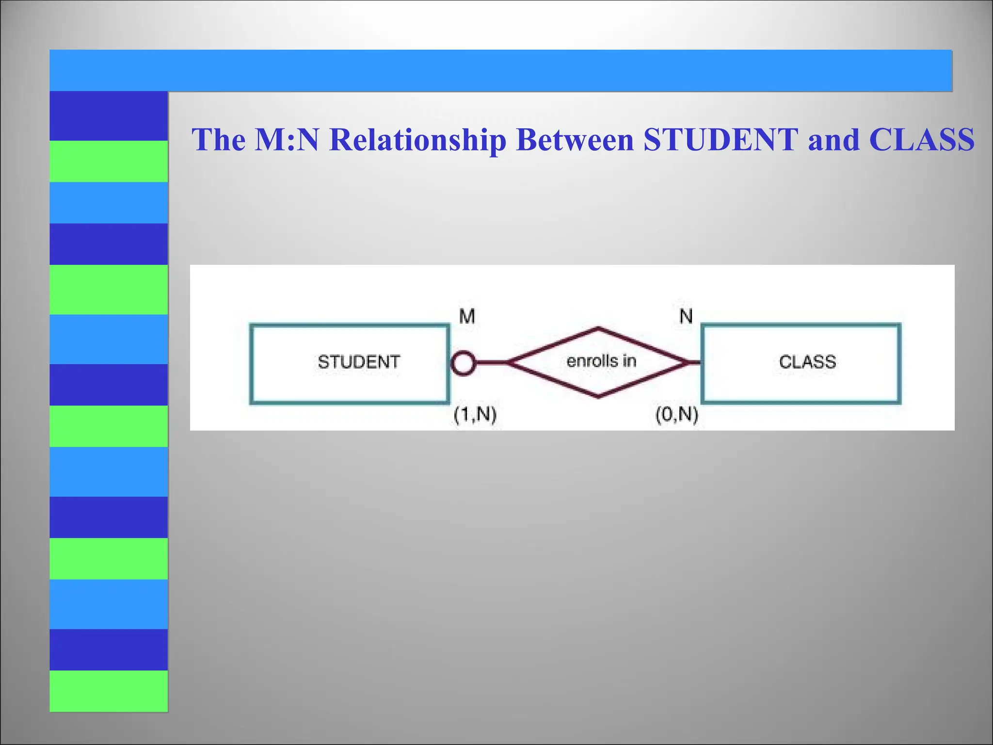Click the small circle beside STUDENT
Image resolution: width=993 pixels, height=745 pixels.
pyautogui.click(x=463, y=363)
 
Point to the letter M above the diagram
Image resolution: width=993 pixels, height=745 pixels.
pyautogui.click(x=467, y=316)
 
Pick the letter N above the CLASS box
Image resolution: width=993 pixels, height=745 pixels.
pyautogui.click(x=686, y=316)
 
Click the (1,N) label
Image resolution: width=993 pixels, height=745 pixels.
pyautogui.click(x=475, y=415)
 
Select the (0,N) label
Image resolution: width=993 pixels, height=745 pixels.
pyautogui.click(x=677, y=415)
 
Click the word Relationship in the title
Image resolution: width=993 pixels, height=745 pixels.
pyautogui.click(x=417, y=140)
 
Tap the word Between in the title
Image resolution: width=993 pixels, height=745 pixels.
pyautogui.click(x=575, y=140)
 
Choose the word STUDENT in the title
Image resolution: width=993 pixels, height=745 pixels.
pyautogui.click(x=721, y=140)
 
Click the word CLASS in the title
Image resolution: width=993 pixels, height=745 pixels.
pyautogui.click(x=922, y=140)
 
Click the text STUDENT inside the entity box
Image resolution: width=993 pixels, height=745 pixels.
pyautogui.click(x=359, y=362)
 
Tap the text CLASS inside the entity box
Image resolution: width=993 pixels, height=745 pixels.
pyautogui.click(x=807, y=362)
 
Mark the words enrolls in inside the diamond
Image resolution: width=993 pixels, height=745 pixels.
pyautogui.click(x=601, y=361)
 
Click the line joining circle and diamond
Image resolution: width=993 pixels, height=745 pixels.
pyautogui.click(x=492, y=363)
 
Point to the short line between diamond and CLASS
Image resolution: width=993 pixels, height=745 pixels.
pyautogui.click(x=694, y=363)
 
